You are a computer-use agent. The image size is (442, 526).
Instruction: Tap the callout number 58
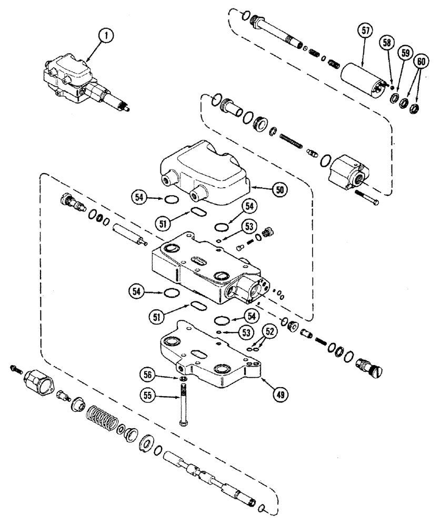(x=387, y=44)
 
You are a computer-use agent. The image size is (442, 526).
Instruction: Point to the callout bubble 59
(x=404, y=53)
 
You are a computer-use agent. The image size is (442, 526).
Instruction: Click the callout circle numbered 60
(x=419, y=61)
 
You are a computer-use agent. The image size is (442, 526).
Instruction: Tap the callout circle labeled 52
(x=270, y=333)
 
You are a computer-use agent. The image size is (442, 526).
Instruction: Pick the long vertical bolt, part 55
(x=183, y=405)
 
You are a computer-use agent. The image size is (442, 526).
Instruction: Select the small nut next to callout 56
(x=182, y=380)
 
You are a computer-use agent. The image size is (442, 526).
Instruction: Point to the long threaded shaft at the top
(x=279, y=38)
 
